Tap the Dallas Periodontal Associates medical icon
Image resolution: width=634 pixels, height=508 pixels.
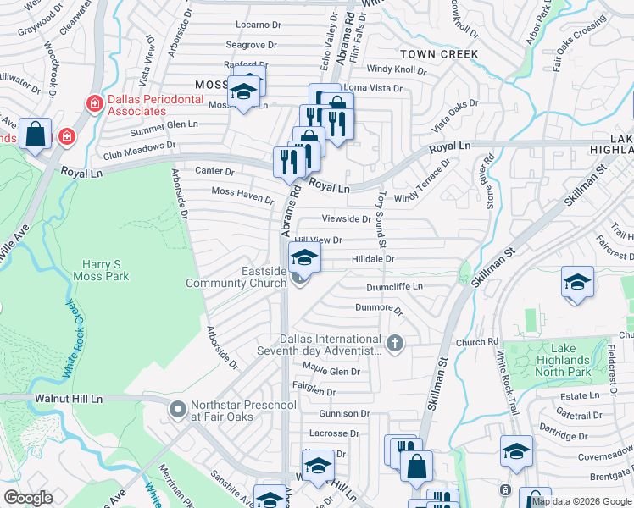[x=95, y=103]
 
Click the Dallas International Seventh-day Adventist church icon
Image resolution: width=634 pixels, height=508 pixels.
[x=393, y=343]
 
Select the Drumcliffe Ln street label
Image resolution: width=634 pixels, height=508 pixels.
[x=394, y=288]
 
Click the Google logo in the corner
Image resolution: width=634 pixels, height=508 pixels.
[x=28, y=498]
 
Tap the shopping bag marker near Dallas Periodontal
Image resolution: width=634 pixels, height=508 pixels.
[x=36, y=135]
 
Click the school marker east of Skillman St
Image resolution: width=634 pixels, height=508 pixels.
[x=577, y=282]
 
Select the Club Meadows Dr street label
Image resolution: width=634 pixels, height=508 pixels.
[x=139, y=149]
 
